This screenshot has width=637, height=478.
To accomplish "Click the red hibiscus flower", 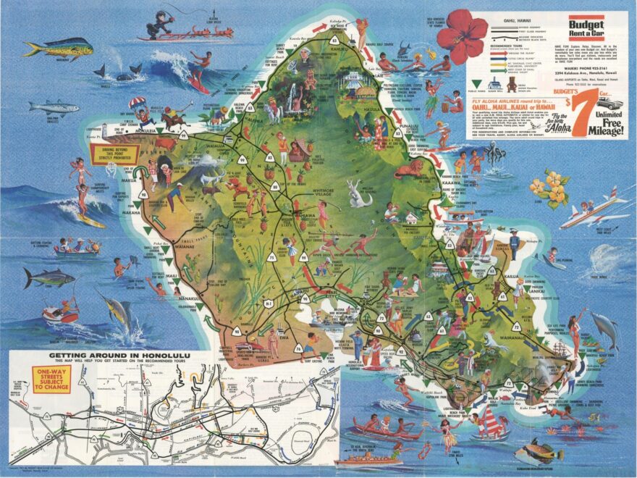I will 468,33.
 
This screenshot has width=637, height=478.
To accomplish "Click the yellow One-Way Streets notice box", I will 51,380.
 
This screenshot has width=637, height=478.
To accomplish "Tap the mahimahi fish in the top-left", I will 56,49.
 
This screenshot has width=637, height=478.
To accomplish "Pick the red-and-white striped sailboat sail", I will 492,421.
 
